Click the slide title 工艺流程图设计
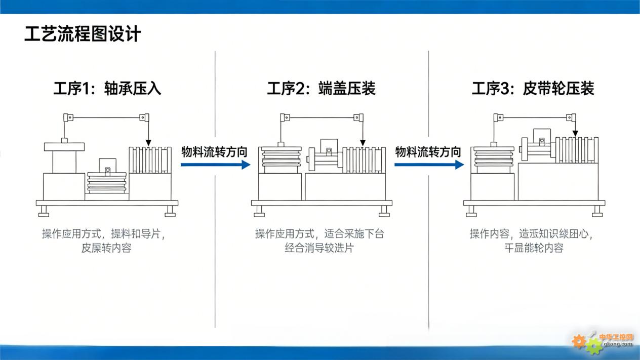point(83,34)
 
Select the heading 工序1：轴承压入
point(107,89)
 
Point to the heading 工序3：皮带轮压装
point(533,89)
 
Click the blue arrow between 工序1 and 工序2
point(216,164)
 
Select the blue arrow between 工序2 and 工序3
point(429,164)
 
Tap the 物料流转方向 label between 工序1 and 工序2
point(214,151)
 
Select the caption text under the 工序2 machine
point(319,241)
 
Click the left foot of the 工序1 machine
point(44,211)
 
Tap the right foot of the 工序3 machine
point(597,211)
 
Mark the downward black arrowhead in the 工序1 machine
point(148,144)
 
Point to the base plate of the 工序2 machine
point(322,203)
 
